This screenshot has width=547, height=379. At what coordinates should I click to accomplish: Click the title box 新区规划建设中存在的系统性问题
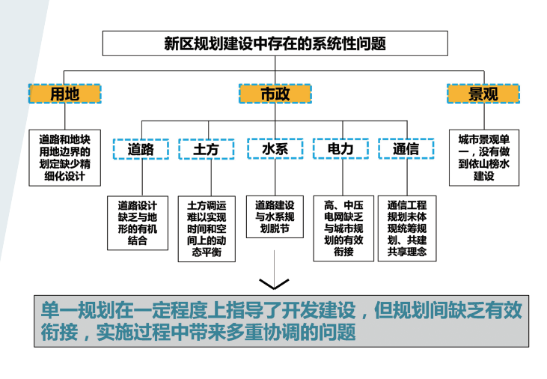[x=275, y=43]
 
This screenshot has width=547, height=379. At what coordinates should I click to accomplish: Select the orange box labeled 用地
[x=64, y=94]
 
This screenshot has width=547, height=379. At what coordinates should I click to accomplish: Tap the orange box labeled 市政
[x=275, y=94]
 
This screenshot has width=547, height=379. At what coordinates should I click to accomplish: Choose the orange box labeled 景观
[x=483, y=94]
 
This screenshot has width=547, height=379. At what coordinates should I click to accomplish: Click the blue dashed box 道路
[x=140, y=149]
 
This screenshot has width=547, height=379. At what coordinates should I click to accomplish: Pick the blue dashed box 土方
[x=206, y=149]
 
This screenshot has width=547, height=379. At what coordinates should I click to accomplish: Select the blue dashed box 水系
[x=275, y=149]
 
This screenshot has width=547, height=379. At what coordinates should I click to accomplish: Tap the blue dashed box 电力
[x=340, y=149]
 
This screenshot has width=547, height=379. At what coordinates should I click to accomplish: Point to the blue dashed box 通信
[x=406, y=149]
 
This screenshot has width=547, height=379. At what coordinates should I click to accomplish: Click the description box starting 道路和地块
[x=64, y=158]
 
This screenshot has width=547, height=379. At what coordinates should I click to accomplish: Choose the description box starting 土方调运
[x=206, y=228]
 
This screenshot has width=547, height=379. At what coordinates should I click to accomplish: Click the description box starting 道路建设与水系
[x=274, y=216]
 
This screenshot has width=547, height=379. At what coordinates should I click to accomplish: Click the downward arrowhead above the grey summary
[x=274, y=284]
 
